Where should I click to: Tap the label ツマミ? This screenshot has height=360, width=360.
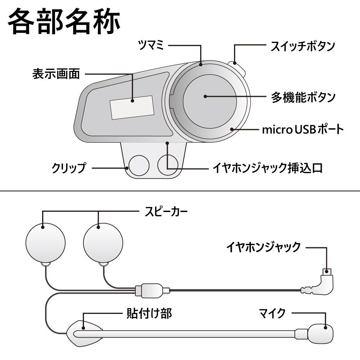[x=151, y=45]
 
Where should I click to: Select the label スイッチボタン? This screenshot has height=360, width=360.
[x=303, y=46]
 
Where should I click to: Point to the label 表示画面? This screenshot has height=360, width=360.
[x=56, y=74]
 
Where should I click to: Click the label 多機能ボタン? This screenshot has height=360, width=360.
[x=303, y=97]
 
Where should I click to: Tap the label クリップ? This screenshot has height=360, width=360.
[x=69, y=168]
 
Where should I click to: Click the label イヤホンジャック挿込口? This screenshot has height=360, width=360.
[x=268, y=168]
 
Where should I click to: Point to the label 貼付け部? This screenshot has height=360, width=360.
[x=149, y=314]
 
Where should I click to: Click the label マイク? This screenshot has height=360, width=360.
[x=272, y=313]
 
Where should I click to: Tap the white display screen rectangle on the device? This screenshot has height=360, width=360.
[x=132, y=107]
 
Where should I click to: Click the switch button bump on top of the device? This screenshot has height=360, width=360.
[x=237, y=68]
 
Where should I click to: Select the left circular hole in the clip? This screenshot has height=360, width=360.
[x=139, y=165]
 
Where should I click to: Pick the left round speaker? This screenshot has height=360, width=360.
[x=45, y=243]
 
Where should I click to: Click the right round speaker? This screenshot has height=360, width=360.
[x=103, y=243]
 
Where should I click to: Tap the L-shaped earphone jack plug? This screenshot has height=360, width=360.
[x=318, y=282]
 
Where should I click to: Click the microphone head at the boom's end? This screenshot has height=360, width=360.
[x=320, y=334]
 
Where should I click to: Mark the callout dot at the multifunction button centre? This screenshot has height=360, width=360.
[x=205, y=96]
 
